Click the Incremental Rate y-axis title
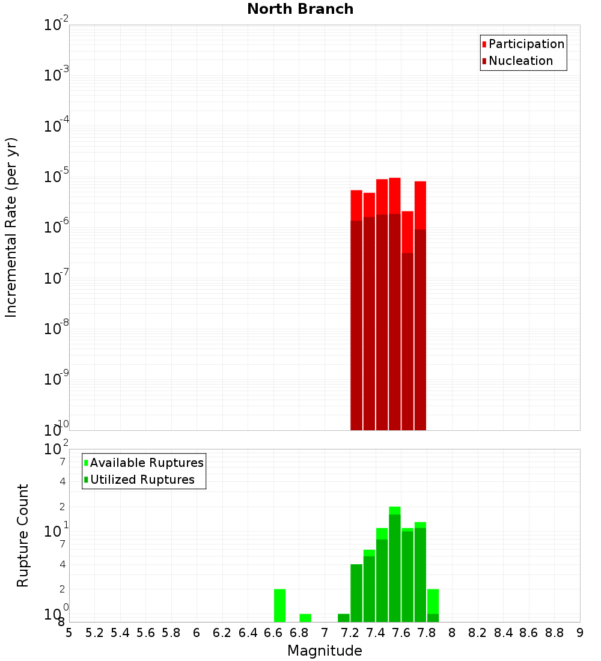11,228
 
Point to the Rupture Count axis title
23,535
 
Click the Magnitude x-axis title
325,651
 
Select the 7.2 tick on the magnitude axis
350,632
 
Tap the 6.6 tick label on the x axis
273,632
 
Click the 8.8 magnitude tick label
554,632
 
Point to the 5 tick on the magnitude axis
69,632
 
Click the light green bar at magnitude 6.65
279,605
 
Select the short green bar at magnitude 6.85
305,618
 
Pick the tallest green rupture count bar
395,565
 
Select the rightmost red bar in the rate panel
420,306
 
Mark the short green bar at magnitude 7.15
344,618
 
